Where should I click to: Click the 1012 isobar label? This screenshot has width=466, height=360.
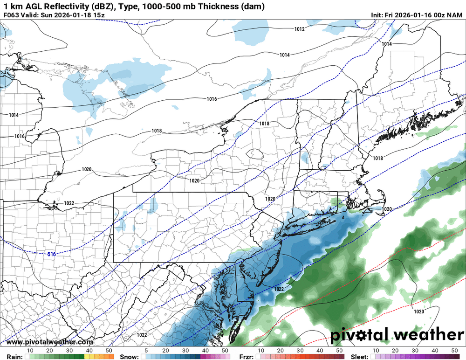click(x=299, y=29)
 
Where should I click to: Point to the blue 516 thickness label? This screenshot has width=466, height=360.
click(x=52, y=254)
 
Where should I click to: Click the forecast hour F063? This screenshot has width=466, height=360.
click(x=11, y=15)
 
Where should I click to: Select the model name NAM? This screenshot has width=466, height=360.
click(x=456, y=15)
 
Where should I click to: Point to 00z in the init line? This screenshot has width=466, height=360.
click(x=440, y=15)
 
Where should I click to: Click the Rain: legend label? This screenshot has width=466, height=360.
click(x=11, y=357)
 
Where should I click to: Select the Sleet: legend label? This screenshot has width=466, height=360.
click(x=360, y=357)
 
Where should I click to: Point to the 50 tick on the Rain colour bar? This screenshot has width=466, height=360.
click(x=108, y=350)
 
